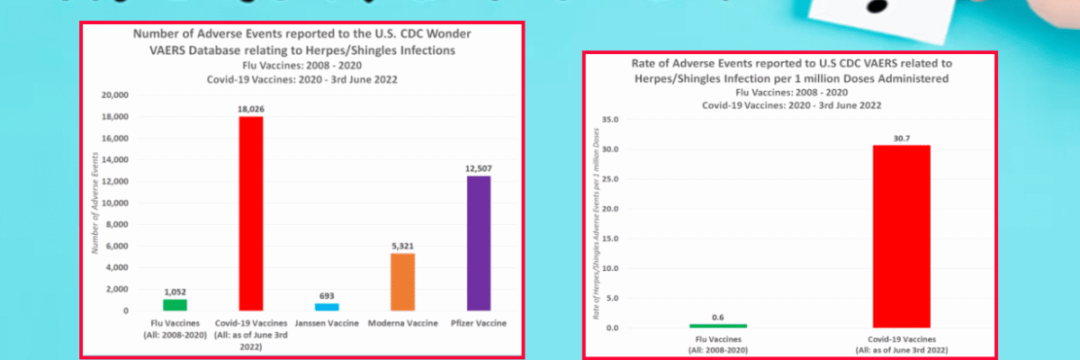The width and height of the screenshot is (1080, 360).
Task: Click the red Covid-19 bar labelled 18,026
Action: (x=251, y=213)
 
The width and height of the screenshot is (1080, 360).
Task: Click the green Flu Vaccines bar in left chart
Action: (x=175, y=305)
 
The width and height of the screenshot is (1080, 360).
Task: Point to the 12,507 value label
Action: (x=478, y=168)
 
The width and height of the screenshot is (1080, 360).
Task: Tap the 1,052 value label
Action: (x=175, y=292)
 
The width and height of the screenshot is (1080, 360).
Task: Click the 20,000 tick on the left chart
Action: (x=117, y=95)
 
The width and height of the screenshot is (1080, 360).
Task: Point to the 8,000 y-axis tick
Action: (x=121, y=225)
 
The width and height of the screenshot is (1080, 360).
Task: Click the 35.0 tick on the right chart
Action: (x=613, y=119)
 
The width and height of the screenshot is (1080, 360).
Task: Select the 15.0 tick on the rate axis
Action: (x=613, y=238)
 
